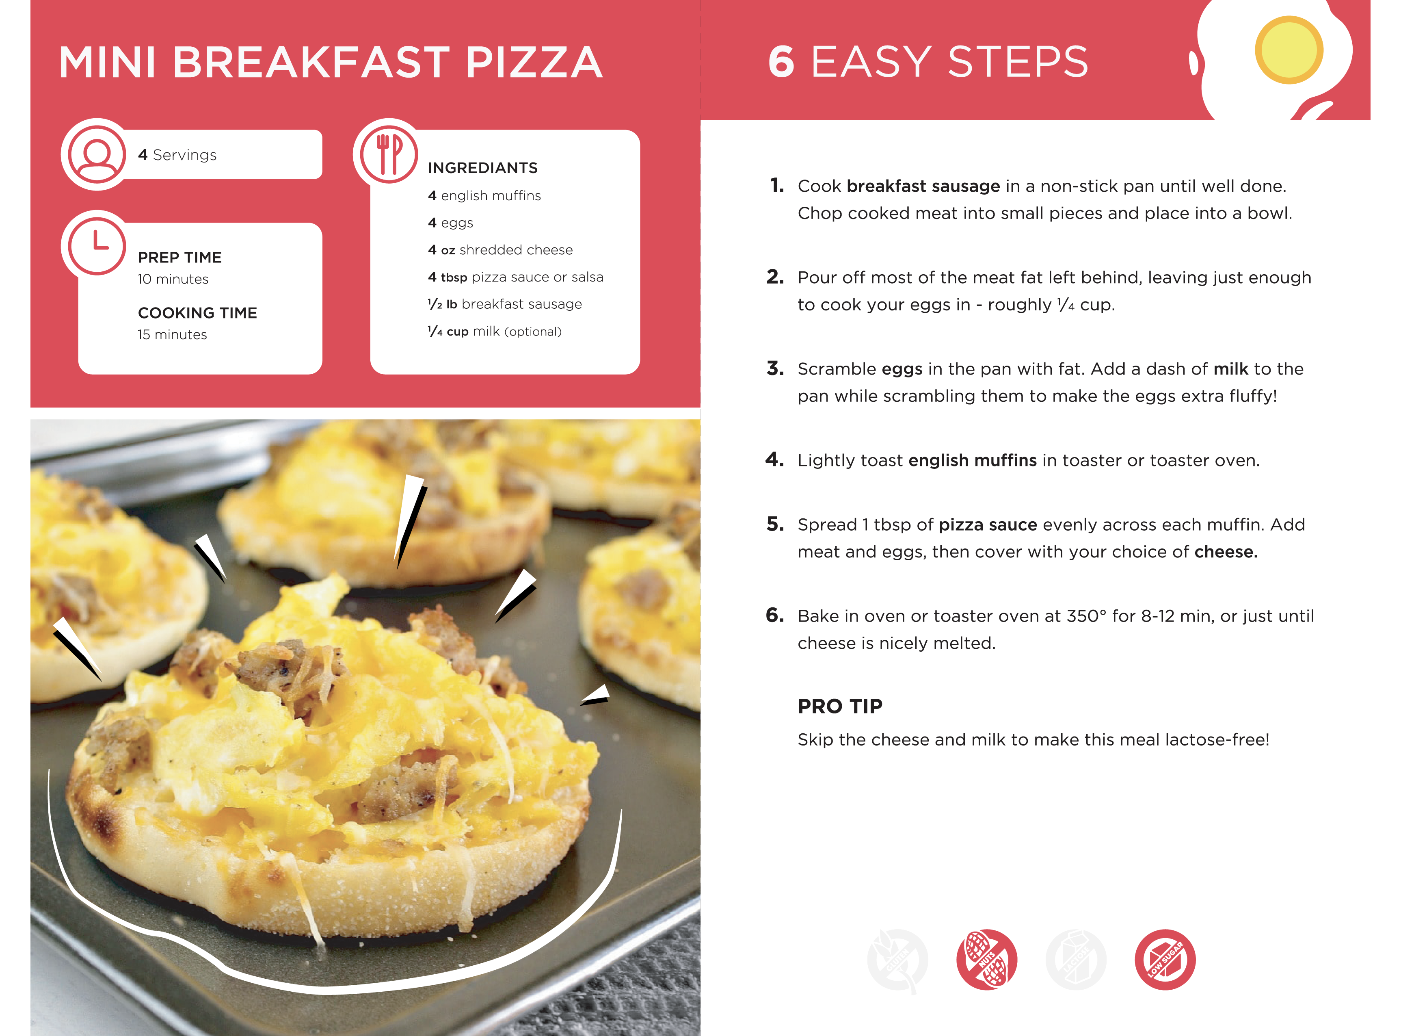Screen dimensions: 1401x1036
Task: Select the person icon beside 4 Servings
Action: pyautogui.click(x=97, y=154)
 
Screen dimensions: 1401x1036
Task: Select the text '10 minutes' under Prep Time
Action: pyautogui.click(x=173, y=279)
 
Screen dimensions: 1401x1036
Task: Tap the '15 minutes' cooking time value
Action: pyautogui.click(x=172, y=335)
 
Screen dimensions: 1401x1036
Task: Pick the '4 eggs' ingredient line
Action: pyautogui.click(x=451, y=223)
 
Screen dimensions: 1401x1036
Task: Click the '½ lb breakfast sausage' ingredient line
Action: pyautogui.click(x=505, y=304)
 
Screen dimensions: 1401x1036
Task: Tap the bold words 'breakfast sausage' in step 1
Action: pyautogui.click(x=923, y=186)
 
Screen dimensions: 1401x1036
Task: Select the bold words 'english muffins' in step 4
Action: pyautogui.click(x=973, y=460)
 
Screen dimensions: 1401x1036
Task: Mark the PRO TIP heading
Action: pyautogui.click(x=840, y=706)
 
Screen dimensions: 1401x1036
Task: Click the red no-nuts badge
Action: pyautogui.click(x=987, y=960)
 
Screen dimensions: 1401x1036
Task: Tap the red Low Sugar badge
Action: pyautogui.click(x=1165, y=960)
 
